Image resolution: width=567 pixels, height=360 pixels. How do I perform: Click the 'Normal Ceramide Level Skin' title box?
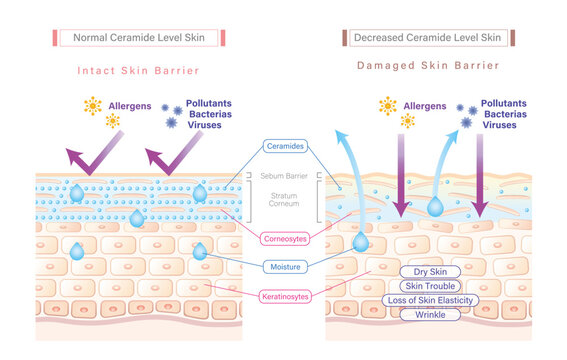point(138,38)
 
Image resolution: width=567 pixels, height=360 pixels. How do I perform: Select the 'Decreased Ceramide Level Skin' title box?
point(428,38)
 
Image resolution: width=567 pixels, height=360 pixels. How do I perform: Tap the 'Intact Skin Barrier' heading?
point(138,71)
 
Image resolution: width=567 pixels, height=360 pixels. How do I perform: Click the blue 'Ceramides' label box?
point(284,146)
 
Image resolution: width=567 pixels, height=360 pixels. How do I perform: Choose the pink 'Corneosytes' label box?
point(284,238)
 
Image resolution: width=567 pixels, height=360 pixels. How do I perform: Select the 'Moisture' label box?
point(284,267)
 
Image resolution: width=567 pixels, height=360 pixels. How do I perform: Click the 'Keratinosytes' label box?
point(284,296)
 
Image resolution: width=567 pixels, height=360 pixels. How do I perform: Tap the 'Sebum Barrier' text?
point(284,175)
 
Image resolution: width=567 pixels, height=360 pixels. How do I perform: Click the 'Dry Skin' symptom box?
point(430,271)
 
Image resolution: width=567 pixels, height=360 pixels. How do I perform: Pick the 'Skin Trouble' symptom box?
point(430,286)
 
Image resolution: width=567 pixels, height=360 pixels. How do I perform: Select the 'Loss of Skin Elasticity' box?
point(430,300)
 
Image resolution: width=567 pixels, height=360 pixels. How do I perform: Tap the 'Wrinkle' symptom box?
point(430,314)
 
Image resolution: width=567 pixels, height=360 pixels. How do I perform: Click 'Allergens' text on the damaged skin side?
point(425,104)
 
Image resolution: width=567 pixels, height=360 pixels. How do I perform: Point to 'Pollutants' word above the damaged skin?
point(508,103)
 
